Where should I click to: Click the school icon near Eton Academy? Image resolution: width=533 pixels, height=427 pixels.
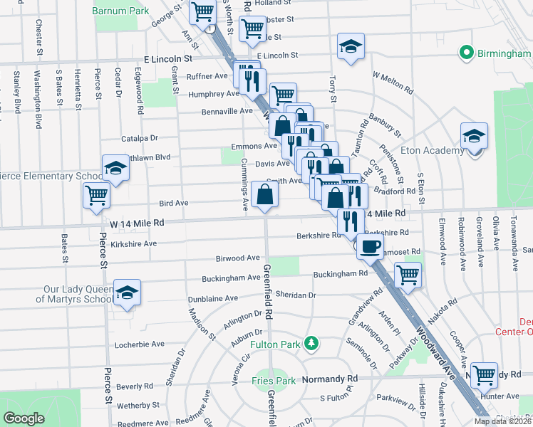coord(474,136)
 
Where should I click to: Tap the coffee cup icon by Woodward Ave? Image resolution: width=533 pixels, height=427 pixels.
coord(369,247)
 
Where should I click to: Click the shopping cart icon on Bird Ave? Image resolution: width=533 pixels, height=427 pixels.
coord(96,196)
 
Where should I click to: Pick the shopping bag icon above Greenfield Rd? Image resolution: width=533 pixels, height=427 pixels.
coord(264,194)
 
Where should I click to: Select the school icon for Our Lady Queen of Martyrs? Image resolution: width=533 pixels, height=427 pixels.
coord(127,292)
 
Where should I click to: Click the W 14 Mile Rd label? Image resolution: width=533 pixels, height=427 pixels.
coord(137,223)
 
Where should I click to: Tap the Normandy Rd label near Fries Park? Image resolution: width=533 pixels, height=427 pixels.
coord(331,378)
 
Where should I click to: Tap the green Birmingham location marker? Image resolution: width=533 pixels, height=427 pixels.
coord(467,52)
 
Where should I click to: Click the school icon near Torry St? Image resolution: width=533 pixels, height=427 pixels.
coord(351,47)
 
